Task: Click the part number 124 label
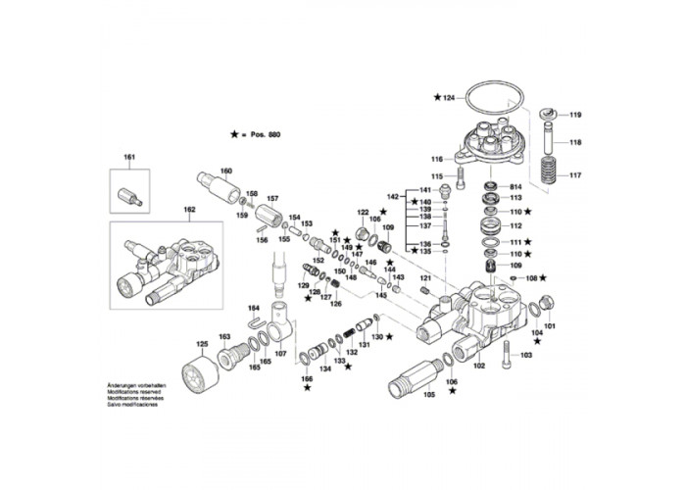449,98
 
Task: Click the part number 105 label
428,395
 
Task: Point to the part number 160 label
226,171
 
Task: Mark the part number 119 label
575,115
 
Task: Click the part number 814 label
515,186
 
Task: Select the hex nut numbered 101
548,303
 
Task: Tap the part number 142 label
392,196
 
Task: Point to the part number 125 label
203,344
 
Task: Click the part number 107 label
280,353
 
